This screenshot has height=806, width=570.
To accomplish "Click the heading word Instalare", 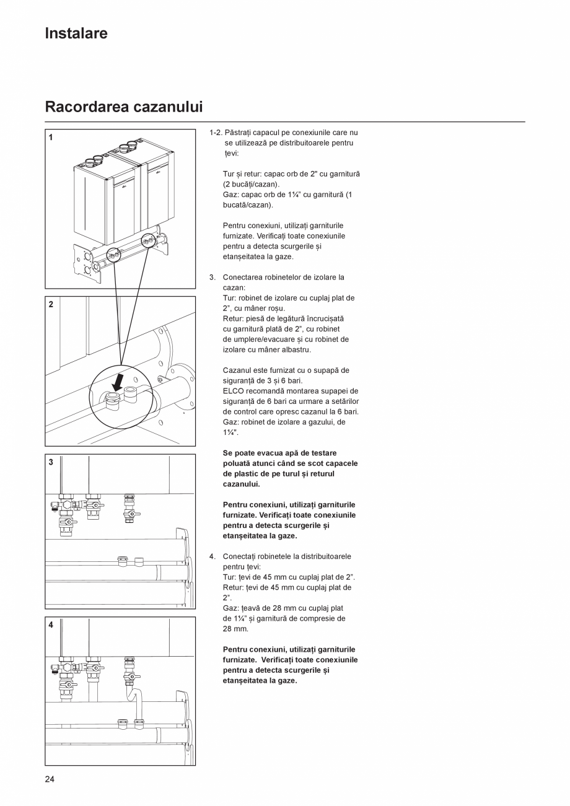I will (x=76, y=33).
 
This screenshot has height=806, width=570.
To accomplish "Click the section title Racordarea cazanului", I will (x=124, y=107).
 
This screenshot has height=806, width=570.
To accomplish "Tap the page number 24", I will (x=50, y=779).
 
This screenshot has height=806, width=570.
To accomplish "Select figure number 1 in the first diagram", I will (x=51, y=138).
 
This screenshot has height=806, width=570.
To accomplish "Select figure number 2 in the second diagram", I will (x=51, y=304).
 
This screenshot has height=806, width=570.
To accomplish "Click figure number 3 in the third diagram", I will (x=51, y=462).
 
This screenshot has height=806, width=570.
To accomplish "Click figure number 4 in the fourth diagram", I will (x=51, y=624).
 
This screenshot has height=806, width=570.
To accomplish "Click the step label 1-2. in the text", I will (x=216, y=133).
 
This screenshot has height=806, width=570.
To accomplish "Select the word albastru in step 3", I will (x=295, y=349).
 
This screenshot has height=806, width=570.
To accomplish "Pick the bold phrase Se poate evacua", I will (x=252, y=453).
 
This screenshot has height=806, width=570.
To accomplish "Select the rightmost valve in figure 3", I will (x=129, y=509).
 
